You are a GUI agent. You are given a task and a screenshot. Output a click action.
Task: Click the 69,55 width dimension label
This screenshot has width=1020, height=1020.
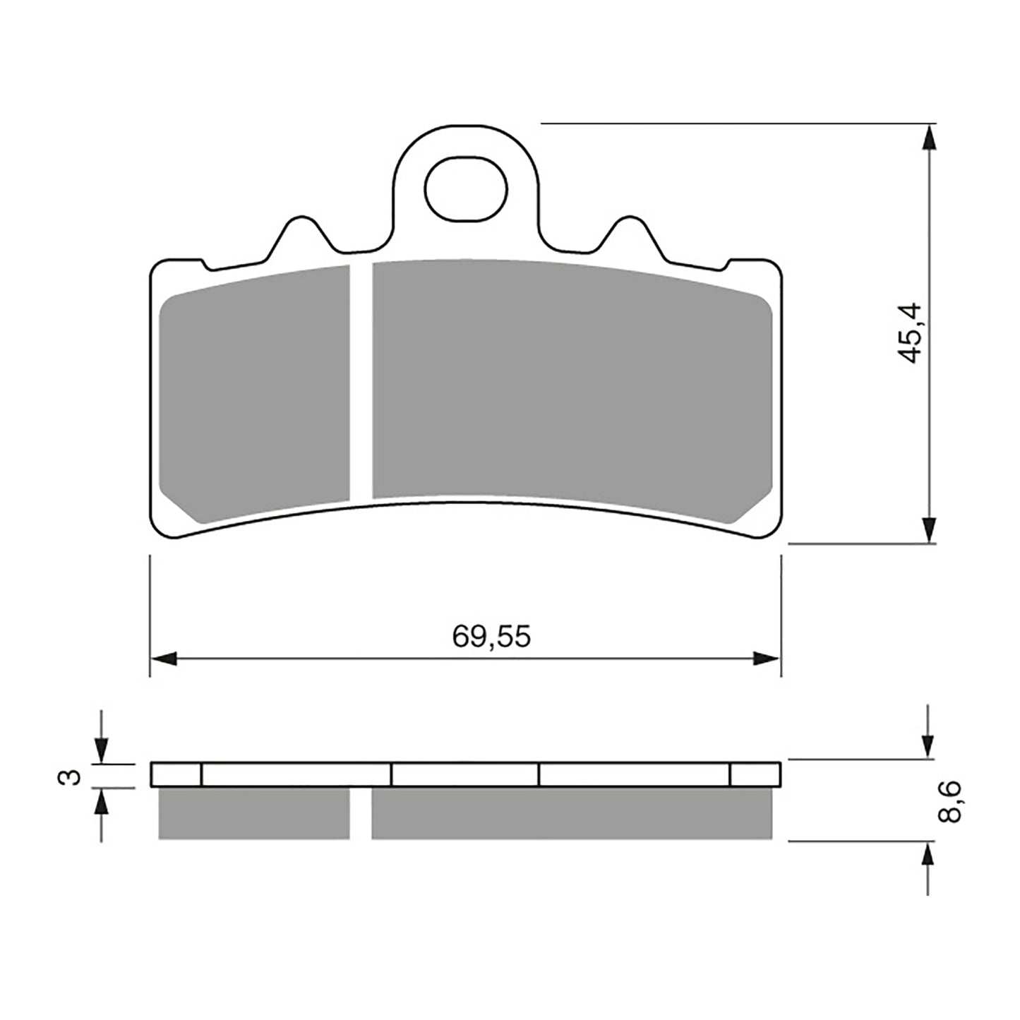[x=491, y=637]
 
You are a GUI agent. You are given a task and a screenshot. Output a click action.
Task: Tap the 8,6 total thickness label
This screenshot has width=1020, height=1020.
[x=949, y=802]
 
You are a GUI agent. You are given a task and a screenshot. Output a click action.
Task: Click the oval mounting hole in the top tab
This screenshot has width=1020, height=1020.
[x=466, y=188]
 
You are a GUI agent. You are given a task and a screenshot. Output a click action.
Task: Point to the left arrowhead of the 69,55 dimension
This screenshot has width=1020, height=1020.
[x=164, y=659]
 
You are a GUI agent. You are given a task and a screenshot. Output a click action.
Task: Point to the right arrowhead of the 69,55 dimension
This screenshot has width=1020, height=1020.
[x=767, y=659]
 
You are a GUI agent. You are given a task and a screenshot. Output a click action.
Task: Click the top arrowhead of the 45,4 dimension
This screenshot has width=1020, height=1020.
[x=930, y=137]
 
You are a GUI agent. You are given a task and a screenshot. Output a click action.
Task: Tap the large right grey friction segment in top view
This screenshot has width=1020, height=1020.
[x=572, y=381]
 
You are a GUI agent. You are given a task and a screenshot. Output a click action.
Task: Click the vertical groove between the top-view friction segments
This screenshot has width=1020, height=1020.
[x=361, y=381]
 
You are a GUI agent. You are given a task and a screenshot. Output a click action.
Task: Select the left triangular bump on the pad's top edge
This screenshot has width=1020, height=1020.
[x=302, y=236]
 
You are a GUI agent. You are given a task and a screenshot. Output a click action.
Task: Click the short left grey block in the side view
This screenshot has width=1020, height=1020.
[x=254, y=813]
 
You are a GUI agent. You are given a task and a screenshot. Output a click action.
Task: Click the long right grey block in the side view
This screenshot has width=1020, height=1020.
[x=572, y=813]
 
